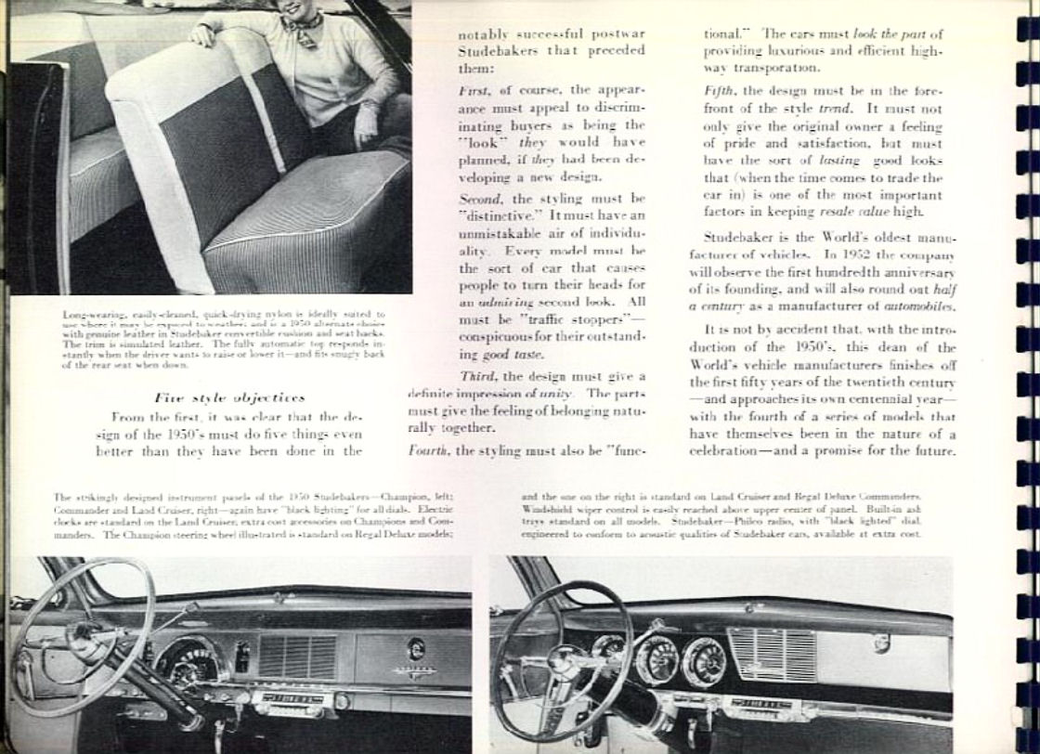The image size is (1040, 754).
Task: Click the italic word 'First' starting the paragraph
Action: click(473, 90)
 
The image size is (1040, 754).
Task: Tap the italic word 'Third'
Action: click(480, 375)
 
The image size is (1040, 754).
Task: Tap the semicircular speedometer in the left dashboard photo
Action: click(191, 661)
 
